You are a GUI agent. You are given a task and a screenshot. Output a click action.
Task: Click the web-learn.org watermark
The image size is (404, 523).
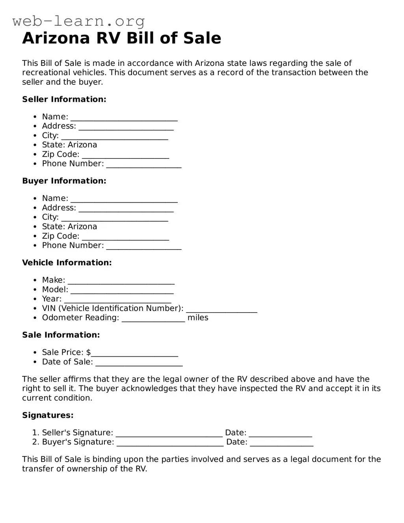(78, 21)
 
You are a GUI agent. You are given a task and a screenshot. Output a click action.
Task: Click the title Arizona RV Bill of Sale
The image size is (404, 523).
(121, 38)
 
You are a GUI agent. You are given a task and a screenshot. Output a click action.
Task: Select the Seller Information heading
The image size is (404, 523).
(64, 99)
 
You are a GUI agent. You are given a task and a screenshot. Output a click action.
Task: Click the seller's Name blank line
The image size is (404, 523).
(124, 118)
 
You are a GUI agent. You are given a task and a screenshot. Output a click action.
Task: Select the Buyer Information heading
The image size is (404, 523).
(64, 181)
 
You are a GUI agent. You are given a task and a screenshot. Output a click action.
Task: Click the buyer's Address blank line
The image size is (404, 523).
(126, 209)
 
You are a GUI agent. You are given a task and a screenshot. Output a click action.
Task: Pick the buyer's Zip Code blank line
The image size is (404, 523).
(125, 237)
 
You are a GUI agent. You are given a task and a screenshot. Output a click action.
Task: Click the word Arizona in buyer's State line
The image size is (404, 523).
(82, 227)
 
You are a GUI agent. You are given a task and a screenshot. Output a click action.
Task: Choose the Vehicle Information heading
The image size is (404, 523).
(67, 262)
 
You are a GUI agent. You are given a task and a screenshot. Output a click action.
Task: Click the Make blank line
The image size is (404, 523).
(121, 281)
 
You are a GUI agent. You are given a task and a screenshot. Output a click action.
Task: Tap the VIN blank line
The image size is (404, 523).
(222, 309)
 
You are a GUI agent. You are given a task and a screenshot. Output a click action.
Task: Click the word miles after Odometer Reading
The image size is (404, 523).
(198, 318)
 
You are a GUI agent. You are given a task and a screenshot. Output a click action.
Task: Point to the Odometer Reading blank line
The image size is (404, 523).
(153, 319)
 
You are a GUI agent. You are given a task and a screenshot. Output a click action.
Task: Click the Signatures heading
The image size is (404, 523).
(48, 415)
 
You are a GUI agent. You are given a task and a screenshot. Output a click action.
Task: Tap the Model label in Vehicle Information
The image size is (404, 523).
(55, 289)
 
